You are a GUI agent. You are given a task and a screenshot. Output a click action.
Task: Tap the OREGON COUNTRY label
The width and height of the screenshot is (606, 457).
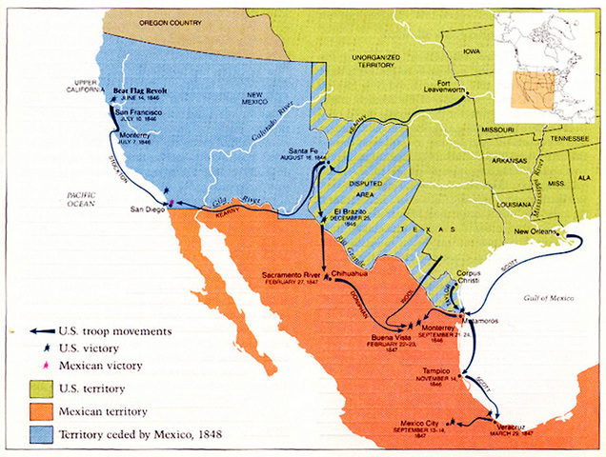tap(172, 20)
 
